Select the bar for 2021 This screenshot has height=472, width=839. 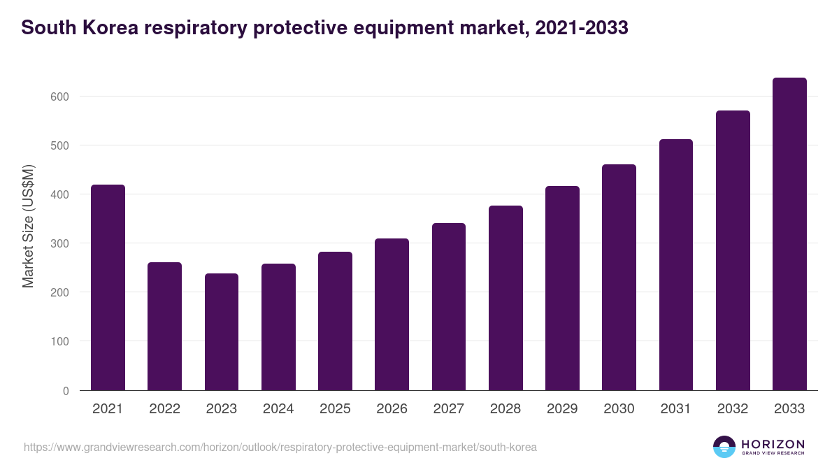108,287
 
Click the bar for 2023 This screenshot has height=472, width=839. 222,331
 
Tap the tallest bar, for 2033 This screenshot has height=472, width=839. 789,234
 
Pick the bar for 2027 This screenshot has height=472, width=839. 449,307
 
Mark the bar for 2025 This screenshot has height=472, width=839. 335,321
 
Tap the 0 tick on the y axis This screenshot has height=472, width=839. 66,391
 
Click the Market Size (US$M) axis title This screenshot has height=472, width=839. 28,227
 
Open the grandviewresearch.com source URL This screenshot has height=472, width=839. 280,447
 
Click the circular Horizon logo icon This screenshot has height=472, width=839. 724,447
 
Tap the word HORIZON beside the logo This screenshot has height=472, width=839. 773,443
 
